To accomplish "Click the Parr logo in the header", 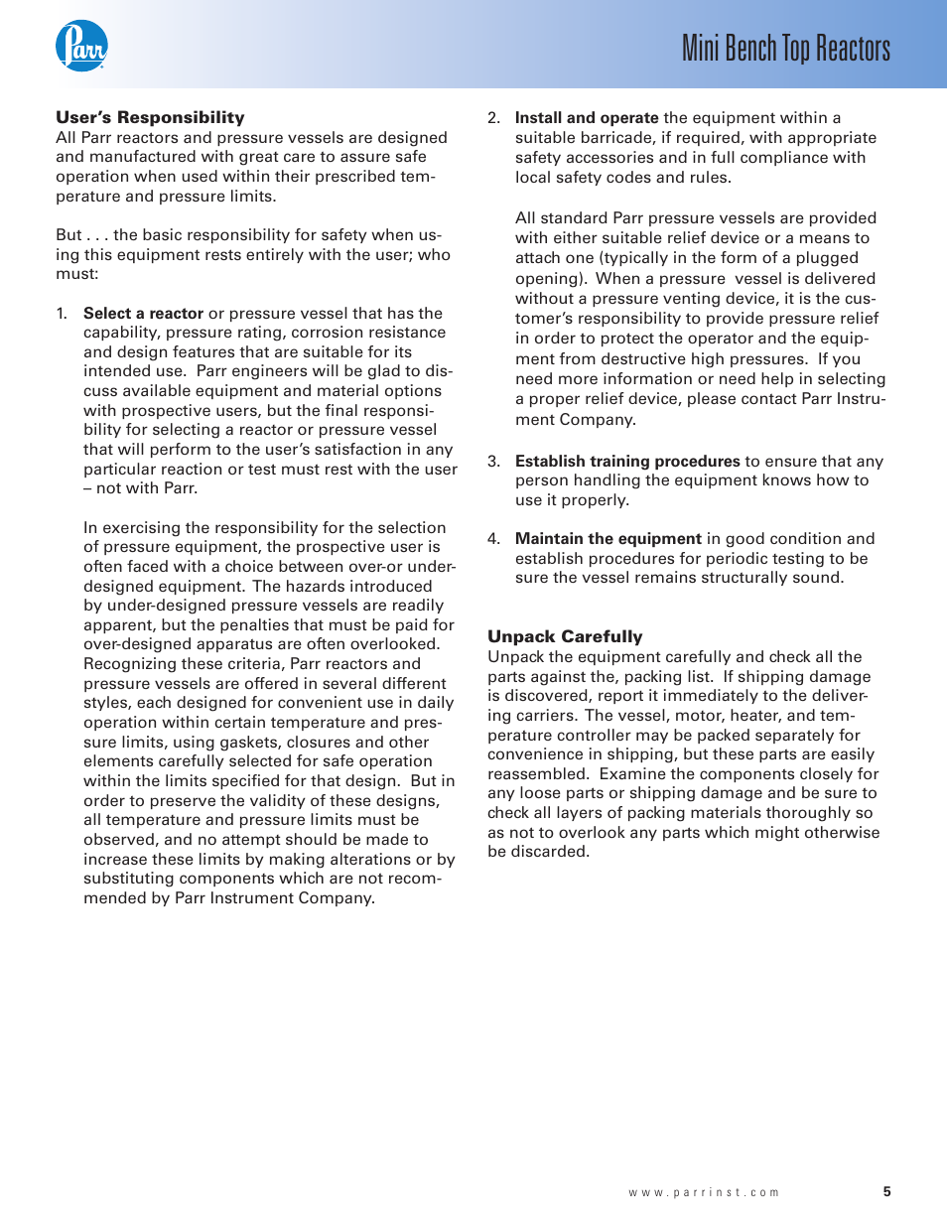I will [81, 46].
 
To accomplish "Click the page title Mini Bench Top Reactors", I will [785, 48].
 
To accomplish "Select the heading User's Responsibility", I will [150, 117].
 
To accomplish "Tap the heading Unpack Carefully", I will [565, 636].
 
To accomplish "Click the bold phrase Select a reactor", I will [143, 313].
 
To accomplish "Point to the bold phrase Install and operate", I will [587, 117].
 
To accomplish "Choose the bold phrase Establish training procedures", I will [627, 461].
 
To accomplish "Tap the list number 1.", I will [62, 313].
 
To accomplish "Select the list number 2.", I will [493, 117].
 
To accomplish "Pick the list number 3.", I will [493, 461].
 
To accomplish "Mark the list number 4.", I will [493, 538].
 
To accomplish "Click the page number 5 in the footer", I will [887, 1191].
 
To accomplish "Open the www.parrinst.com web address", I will [704, 1192].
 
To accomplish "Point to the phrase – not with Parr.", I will [140, 487].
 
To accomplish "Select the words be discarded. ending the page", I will [538, 851].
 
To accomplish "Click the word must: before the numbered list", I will [77, 273].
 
